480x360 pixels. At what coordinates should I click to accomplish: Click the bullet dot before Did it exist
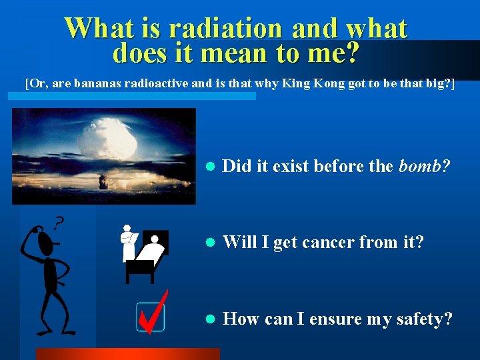[x=209, y=167]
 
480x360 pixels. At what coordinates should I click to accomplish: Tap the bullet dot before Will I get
[x=209, y=243]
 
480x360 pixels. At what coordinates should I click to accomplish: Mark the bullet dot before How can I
[x=209, y=319]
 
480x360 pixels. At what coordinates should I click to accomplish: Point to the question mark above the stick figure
[x=59, y=221]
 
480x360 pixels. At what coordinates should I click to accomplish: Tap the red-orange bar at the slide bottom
[x=127, y=354]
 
